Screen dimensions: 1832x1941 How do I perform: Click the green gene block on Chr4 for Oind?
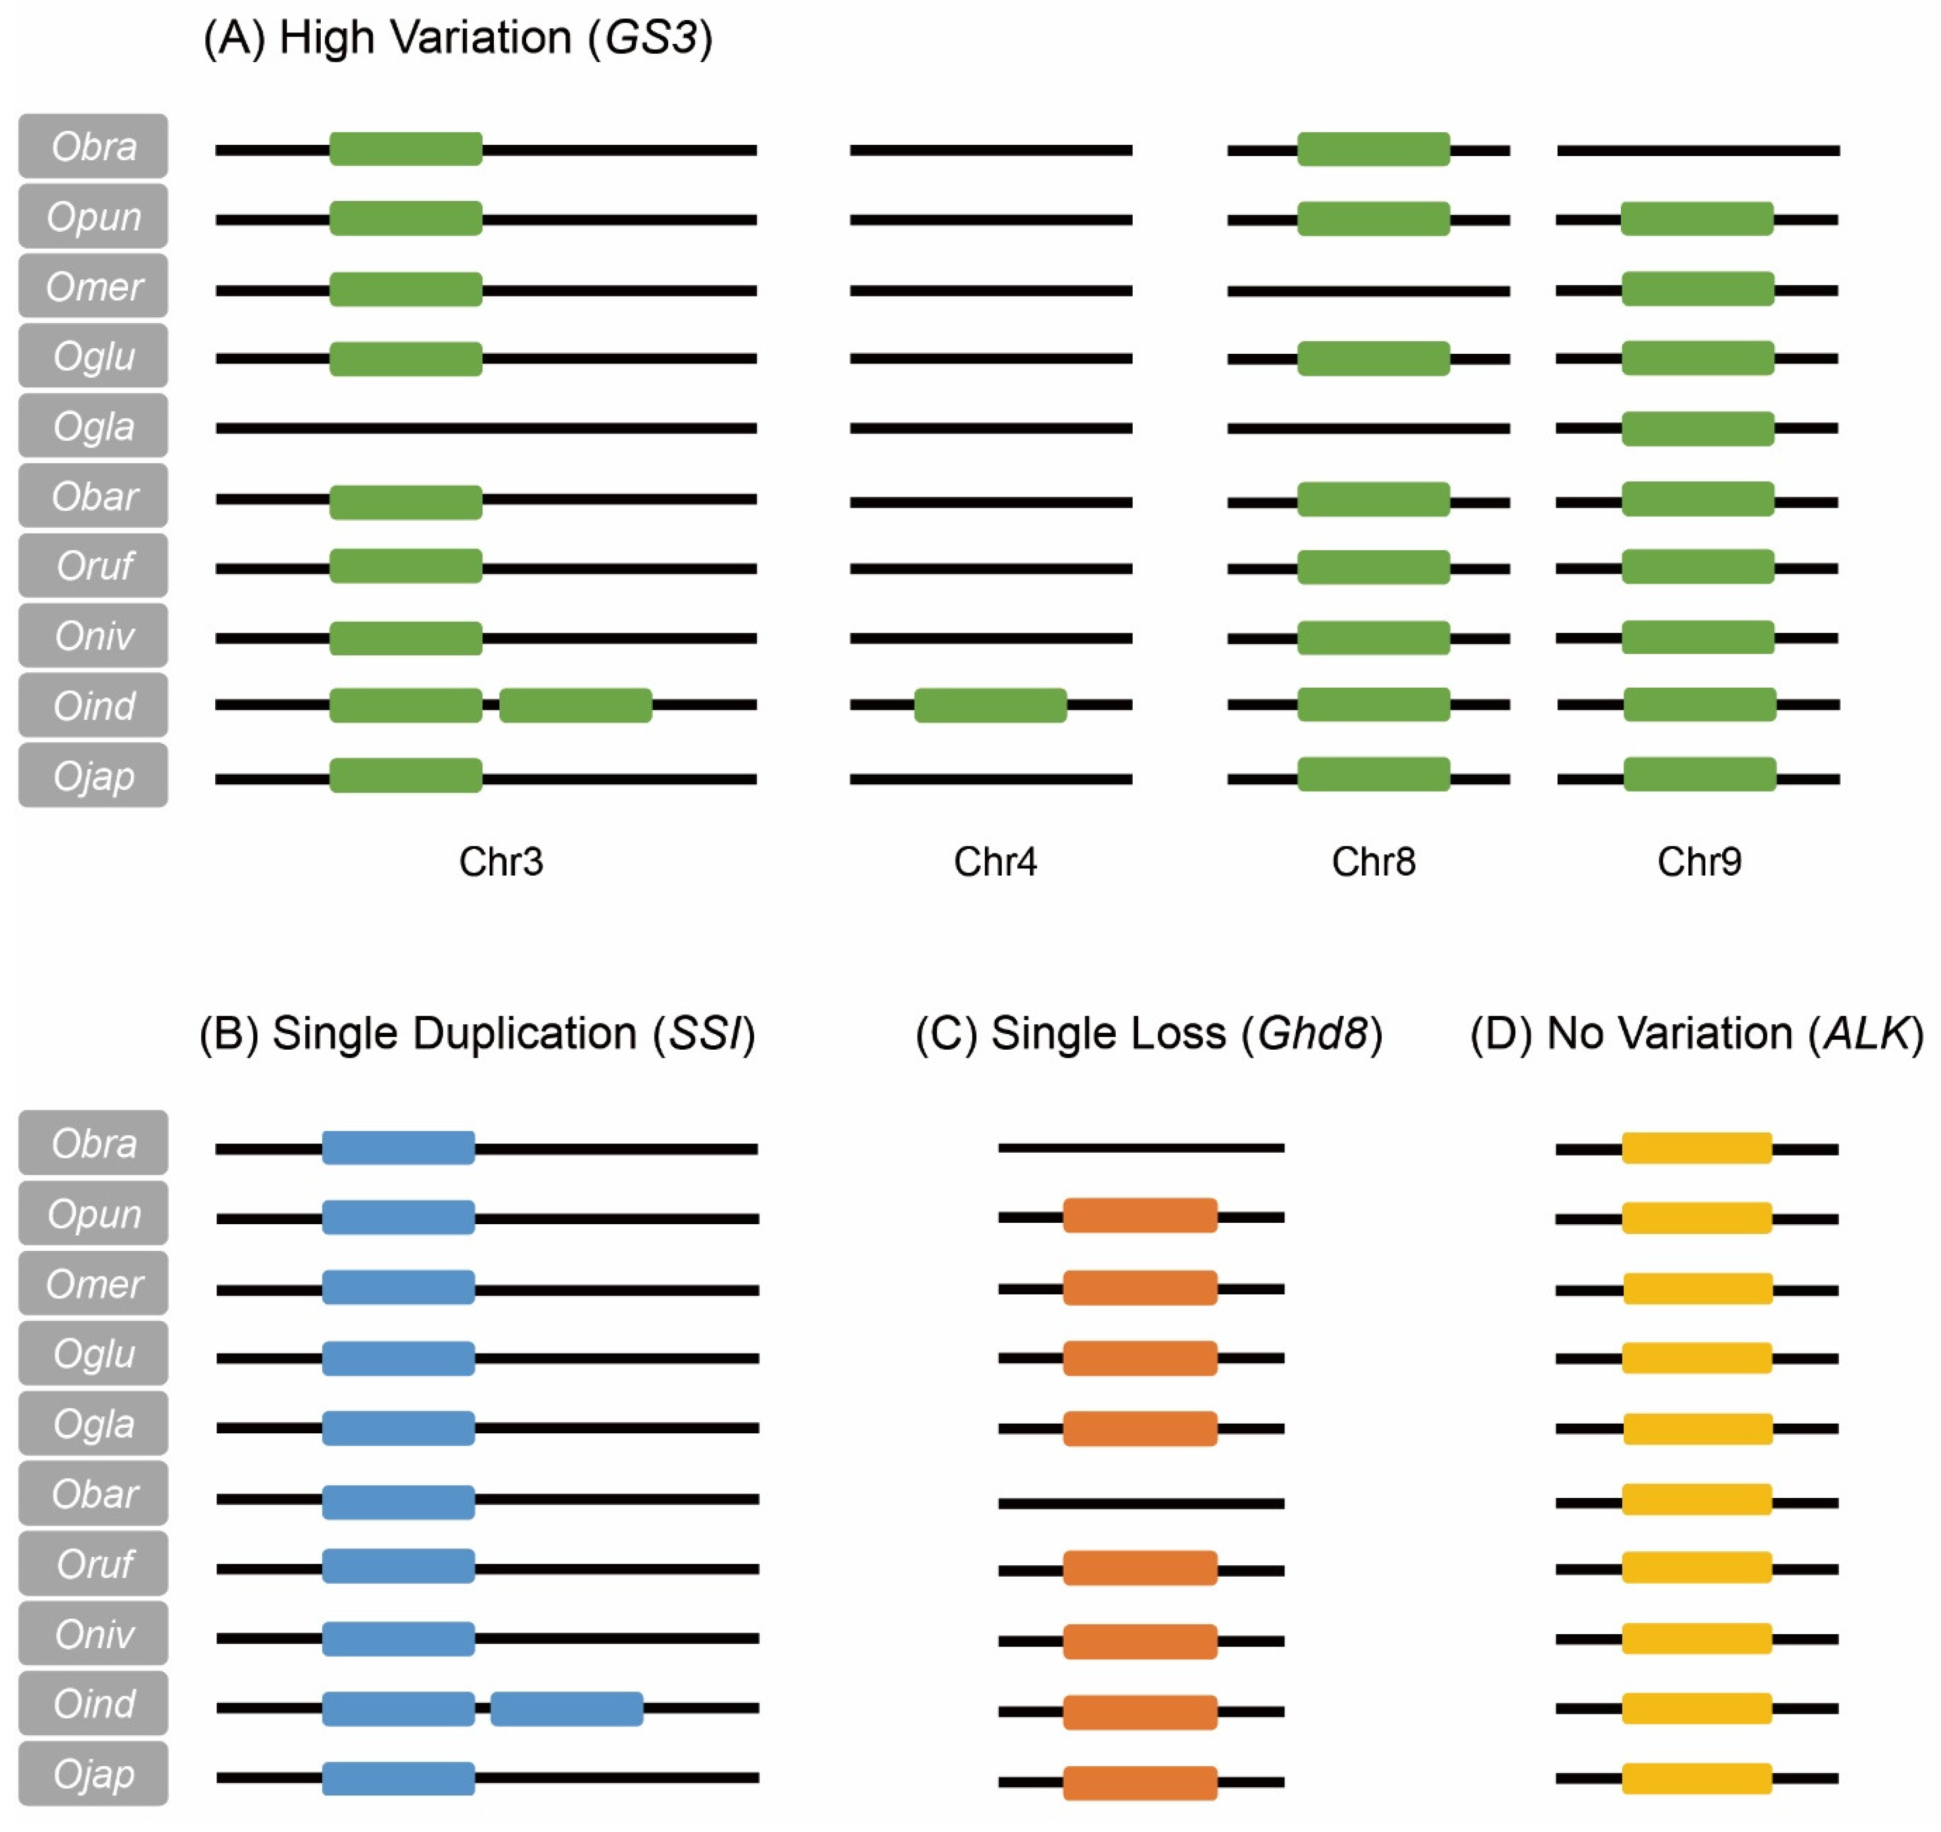coord(990,705)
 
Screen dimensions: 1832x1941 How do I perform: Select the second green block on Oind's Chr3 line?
coord(575,705)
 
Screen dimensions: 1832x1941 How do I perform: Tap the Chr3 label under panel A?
coord(501,861)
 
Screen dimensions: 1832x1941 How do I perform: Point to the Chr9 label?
coord(1699,861)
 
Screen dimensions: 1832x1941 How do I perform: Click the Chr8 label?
coord(1373,861)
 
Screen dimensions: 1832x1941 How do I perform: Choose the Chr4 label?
coord(995,861)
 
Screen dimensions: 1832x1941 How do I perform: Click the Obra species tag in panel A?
coord(94,146)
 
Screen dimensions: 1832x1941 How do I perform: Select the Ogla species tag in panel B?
coord(94,1424)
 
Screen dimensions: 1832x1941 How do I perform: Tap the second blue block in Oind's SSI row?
coord(566,1709)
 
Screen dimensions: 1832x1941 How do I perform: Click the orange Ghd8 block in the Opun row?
coord(1139,1216)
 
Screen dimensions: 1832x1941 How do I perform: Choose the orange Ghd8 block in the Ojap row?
coord(1139,1782)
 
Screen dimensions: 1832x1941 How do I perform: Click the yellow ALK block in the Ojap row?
coord(1697,1778)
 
